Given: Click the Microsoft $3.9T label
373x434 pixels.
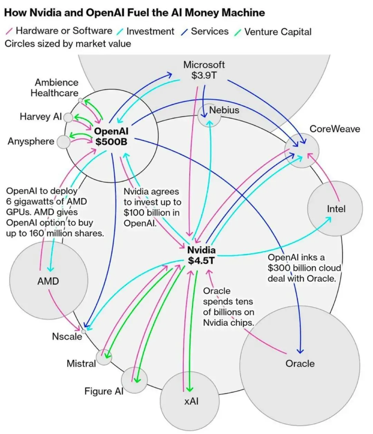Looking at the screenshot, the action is pos(204,70).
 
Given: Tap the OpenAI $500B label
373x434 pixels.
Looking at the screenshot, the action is pos(111,137).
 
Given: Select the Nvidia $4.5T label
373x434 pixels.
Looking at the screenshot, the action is pos(201,255).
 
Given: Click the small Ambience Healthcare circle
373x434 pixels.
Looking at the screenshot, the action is pos(80,100).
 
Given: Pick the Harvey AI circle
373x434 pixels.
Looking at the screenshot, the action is pos(68,118).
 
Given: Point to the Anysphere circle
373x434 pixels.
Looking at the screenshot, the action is pos(64,142).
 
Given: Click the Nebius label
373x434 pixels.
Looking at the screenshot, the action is pos(224,110).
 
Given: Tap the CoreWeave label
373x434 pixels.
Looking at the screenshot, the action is pos(335,129).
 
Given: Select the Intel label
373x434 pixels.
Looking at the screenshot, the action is pos(336,209).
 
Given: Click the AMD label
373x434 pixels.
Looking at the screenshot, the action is pos(48,281).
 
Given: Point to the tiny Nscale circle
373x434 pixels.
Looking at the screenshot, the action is pos(84,332).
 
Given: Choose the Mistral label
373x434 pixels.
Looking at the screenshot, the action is pos(81,363).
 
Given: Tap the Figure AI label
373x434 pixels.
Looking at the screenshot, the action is pos(104,391).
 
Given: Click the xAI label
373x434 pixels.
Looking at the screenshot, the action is pos(191,401).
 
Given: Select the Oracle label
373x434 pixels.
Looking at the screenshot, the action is pos(300,364).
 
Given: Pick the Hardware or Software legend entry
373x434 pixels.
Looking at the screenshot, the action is pos(59,31).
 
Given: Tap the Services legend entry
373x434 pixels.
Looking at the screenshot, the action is pos(205,31).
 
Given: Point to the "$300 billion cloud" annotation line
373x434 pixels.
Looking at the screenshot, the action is pos(304,268).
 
